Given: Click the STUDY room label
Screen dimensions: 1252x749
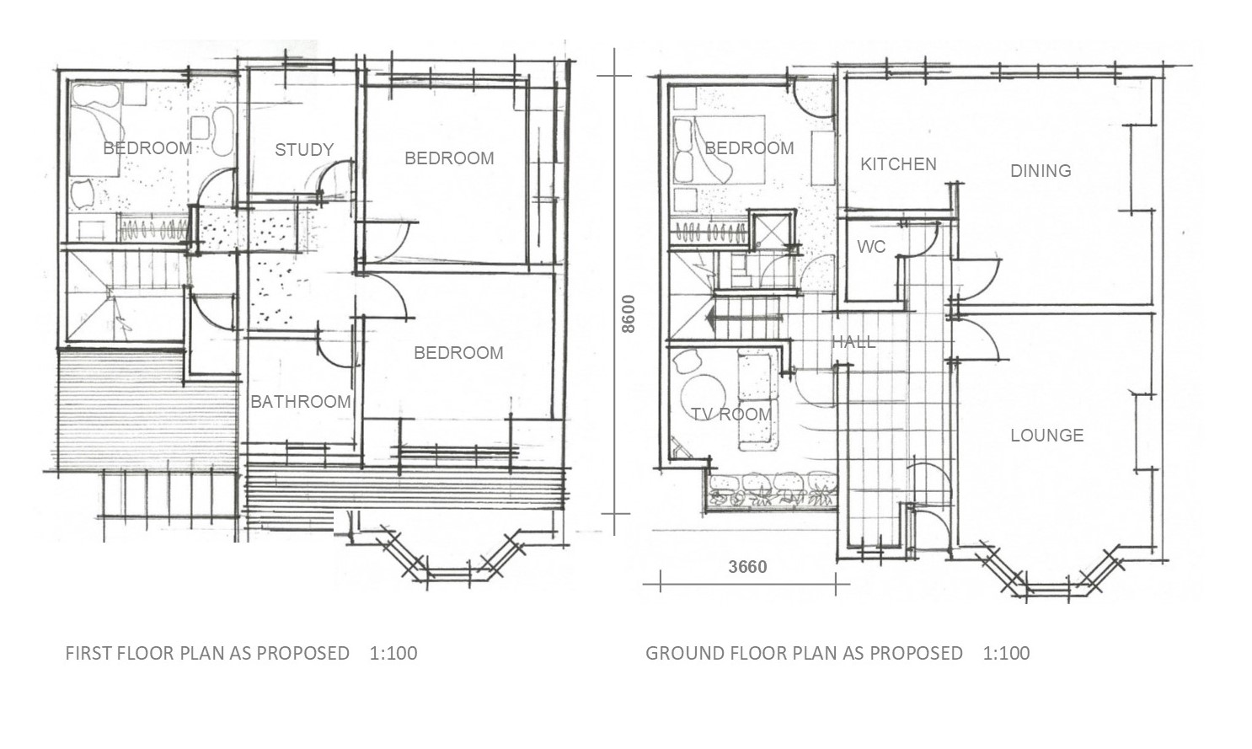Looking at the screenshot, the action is (x=304, y=150).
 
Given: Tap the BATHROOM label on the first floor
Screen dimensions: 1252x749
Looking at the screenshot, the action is (x=301, y=401).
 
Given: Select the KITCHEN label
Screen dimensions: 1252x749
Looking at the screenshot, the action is (x=898, y=164).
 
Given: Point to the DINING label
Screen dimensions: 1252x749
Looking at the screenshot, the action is (x=1041, y=171).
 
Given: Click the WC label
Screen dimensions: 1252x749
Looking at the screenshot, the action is (x=871, y=247).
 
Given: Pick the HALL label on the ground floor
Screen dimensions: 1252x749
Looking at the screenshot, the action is (x=853, y=342).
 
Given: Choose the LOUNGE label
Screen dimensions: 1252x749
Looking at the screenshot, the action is (x=1047, y=436).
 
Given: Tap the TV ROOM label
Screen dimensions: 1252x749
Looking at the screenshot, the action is (x=731, y=415).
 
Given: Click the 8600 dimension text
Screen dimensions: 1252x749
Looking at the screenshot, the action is (x=629, y=314).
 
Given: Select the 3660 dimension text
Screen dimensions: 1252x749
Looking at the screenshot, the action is (x=747, y=567).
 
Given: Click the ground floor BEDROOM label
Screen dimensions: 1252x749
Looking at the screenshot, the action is (x=749, y=148).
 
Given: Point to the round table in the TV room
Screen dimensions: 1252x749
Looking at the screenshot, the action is (x=703, y=396).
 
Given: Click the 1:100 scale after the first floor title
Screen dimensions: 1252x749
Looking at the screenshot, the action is (x=393, y=653).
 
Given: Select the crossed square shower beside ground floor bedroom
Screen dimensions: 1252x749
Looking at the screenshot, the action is (x=772, y=229).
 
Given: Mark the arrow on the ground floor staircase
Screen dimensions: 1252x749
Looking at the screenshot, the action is (x=742, y=318).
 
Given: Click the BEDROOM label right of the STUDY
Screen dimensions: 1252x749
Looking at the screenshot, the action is (x=449, y=158).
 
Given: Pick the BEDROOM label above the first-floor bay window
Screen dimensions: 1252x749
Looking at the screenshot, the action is (x=458, y=353).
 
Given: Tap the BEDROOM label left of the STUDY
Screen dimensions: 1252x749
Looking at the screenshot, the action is (x=147, y=148).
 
